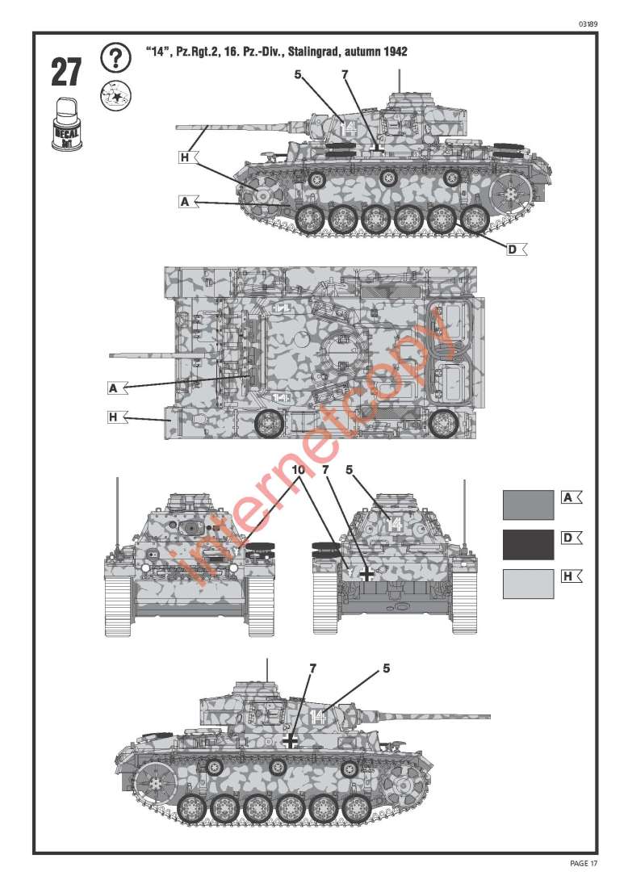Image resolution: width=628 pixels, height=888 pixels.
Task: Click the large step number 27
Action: pos(66,73)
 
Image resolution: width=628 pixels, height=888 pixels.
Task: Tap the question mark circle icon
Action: pos(115,58)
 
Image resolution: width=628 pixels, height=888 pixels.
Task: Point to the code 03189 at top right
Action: pos(588,24)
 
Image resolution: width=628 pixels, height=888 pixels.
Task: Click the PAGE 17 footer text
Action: pos(584,863)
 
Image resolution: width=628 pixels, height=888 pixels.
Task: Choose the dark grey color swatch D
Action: pos(529,545)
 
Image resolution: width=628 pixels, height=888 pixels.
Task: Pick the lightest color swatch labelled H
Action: pos(529,584)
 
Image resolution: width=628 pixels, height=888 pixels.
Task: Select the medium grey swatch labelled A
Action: pos(529,505)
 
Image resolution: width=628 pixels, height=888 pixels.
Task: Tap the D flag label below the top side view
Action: pos(517,249)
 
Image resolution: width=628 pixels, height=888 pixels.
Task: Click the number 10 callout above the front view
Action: pos(299,470)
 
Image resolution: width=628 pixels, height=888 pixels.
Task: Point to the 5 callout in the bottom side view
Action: pos(386,668)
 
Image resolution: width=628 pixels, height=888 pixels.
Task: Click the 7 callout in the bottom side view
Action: pos(312,669)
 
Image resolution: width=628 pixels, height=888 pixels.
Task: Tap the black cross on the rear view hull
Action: pos(366,574)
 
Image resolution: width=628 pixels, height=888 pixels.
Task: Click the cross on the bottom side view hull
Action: pos(291,741)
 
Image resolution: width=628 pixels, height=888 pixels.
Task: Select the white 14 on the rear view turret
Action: pos(394,525)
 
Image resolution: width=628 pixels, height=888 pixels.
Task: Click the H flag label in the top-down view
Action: pos(118,417)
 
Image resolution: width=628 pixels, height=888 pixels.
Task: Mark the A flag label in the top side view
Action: pos(189,202)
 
